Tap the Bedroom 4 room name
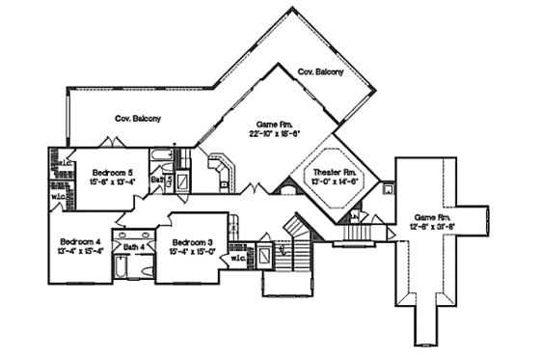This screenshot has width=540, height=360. point(76,240)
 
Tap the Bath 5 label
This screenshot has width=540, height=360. point(169,180)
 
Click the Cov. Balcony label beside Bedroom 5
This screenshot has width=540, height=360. point(138,119)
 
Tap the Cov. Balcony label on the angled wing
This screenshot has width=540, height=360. point(319,72)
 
